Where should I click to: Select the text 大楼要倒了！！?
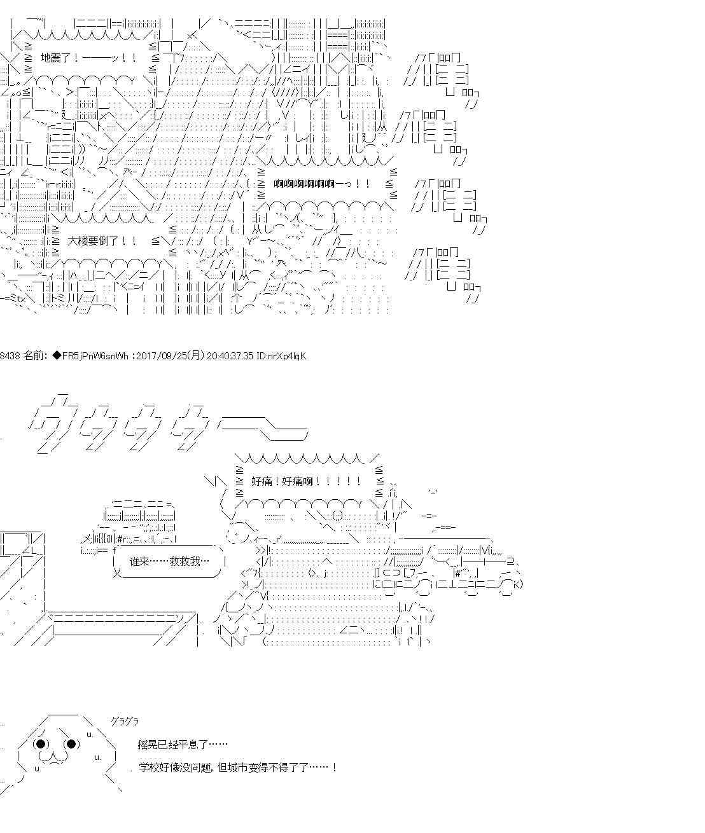(x=102, y=242)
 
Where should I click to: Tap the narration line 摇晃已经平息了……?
(x=182, y=745)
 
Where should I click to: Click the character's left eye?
(x=41, y=744)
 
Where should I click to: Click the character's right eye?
(x=71, y=744)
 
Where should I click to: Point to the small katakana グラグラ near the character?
(x=124, y=722)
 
